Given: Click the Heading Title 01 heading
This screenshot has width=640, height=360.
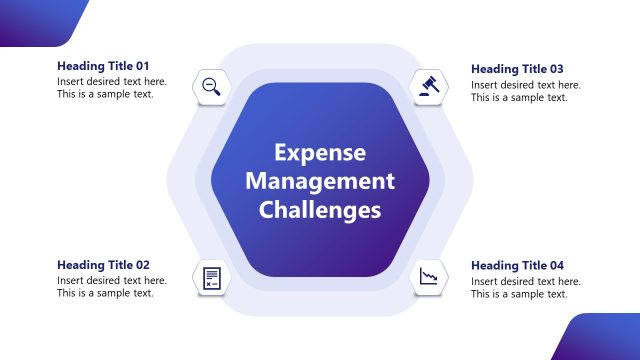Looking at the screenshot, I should point(103,66).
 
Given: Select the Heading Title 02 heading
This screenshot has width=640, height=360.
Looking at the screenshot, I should point(103,265).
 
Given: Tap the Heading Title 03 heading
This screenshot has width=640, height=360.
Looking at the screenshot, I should point(517,69).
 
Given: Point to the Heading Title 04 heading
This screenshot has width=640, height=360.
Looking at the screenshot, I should point(517,265).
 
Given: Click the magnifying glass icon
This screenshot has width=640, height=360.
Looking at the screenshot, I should point(212,86).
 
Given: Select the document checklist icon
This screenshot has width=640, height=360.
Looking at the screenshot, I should point(212,277).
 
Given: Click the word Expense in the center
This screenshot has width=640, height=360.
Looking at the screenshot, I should point(320,153).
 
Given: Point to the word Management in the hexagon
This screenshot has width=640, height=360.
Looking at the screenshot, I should point(320,181).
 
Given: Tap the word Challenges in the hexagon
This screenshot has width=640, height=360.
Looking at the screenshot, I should point(320,210).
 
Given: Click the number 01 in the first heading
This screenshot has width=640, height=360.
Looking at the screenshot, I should point(141,66).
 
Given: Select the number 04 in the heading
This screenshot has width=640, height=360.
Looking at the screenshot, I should point(555,265).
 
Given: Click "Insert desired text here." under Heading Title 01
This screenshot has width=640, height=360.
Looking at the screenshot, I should point(112,82).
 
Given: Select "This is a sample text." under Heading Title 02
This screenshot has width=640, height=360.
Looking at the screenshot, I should point(105,294).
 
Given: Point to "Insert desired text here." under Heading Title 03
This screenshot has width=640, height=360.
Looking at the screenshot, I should point(526,85).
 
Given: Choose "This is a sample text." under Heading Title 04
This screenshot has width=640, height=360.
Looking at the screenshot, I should point(519,294).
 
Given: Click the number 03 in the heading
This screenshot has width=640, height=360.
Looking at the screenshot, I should point(555,69).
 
